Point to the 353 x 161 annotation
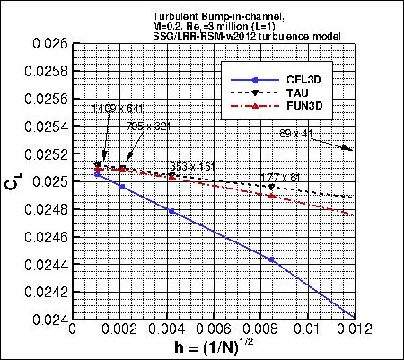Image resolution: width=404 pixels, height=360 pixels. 192,166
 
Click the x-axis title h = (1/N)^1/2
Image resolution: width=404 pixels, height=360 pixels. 212,348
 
